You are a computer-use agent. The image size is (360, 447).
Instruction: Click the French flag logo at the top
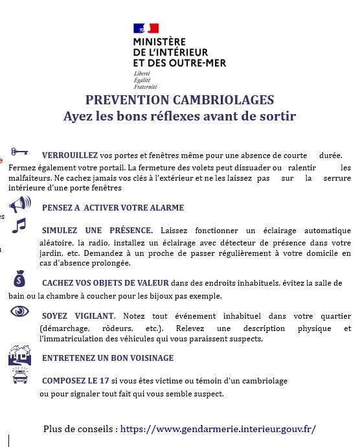(146, 29)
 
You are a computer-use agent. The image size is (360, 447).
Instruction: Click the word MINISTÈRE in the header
(159, 42)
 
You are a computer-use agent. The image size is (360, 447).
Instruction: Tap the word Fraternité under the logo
(146, 87)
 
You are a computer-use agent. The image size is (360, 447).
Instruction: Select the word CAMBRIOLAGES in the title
(223, 100)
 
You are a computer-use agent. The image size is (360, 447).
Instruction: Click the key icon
(19, 152)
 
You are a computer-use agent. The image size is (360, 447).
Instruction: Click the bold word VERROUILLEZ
(70, 155)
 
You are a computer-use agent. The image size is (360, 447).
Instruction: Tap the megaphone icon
(20, 205)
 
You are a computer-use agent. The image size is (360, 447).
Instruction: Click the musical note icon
(19, 226)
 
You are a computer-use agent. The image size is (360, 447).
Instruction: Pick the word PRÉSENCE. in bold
(131, 231)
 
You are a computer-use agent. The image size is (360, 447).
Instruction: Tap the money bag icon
(19, 279)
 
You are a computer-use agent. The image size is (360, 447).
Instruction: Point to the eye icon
(19, 311)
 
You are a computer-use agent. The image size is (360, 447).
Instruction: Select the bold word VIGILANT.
(95, 316)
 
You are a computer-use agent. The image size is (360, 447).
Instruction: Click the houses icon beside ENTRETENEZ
(19, 356)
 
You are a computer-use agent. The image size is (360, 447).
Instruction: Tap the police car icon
(20, 375)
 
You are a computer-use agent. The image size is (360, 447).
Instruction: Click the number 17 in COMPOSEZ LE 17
(104, 380)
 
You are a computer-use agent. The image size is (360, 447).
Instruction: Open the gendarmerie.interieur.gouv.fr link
(218, 429)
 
